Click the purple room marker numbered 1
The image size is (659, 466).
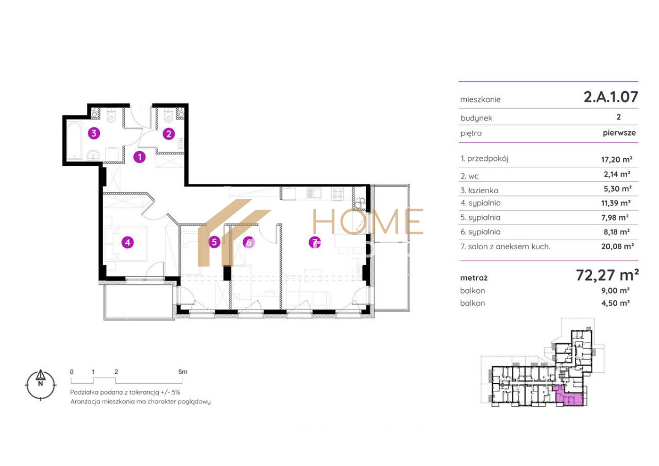tap(139, 158)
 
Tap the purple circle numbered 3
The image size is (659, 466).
tap(94, 133)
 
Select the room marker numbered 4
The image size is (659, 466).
tap(127, 243)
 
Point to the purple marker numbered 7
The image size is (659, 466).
tap(315, 243)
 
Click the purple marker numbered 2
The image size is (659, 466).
tap(169, 134)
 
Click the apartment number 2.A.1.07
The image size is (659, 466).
tap(611, 97)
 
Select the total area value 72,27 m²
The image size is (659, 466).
tap(607, 275)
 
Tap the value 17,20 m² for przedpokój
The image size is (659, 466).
tap(617, 159)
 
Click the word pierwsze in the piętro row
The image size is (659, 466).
tap(619, 133)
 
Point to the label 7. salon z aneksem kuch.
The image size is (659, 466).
tap(505, 246)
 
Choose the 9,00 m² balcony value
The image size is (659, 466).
tap(616, 290)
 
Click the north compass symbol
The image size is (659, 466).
tap(41, 385)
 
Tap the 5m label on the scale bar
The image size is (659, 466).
tap(183, 372)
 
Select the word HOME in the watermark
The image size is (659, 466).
tap(368, 221)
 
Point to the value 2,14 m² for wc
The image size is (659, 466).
tap(617, 174)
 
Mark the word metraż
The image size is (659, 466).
tap(473, 278)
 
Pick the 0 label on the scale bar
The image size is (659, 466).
tap(71, 372)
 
